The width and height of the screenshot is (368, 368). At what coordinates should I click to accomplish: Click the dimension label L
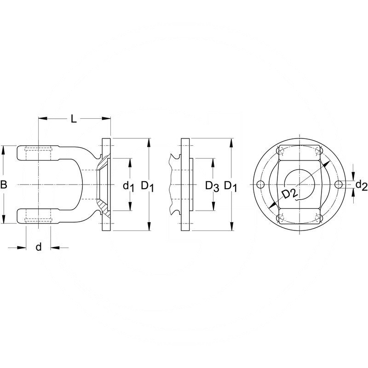click(73, 119)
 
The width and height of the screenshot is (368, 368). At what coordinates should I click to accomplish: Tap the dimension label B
click(4, 185)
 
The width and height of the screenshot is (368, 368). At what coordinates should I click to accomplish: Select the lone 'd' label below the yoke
click(39, 247)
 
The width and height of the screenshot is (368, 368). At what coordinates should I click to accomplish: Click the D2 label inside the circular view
click(289, 194)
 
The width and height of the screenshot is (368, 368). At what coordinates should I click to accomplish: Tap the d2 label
click(361, 185)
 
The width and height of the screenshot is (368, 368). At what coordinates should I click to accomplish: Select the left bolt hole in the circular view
click(260, 184)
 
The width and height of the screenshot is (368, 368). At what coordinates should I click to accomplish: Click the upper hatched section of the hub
click(103, 164)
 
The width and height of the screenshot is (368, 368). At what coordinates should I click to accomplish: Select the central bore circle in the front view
click(299, 184)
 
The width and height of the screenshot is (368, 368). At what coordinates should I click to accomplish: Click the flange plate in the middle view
click(185, 184)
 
